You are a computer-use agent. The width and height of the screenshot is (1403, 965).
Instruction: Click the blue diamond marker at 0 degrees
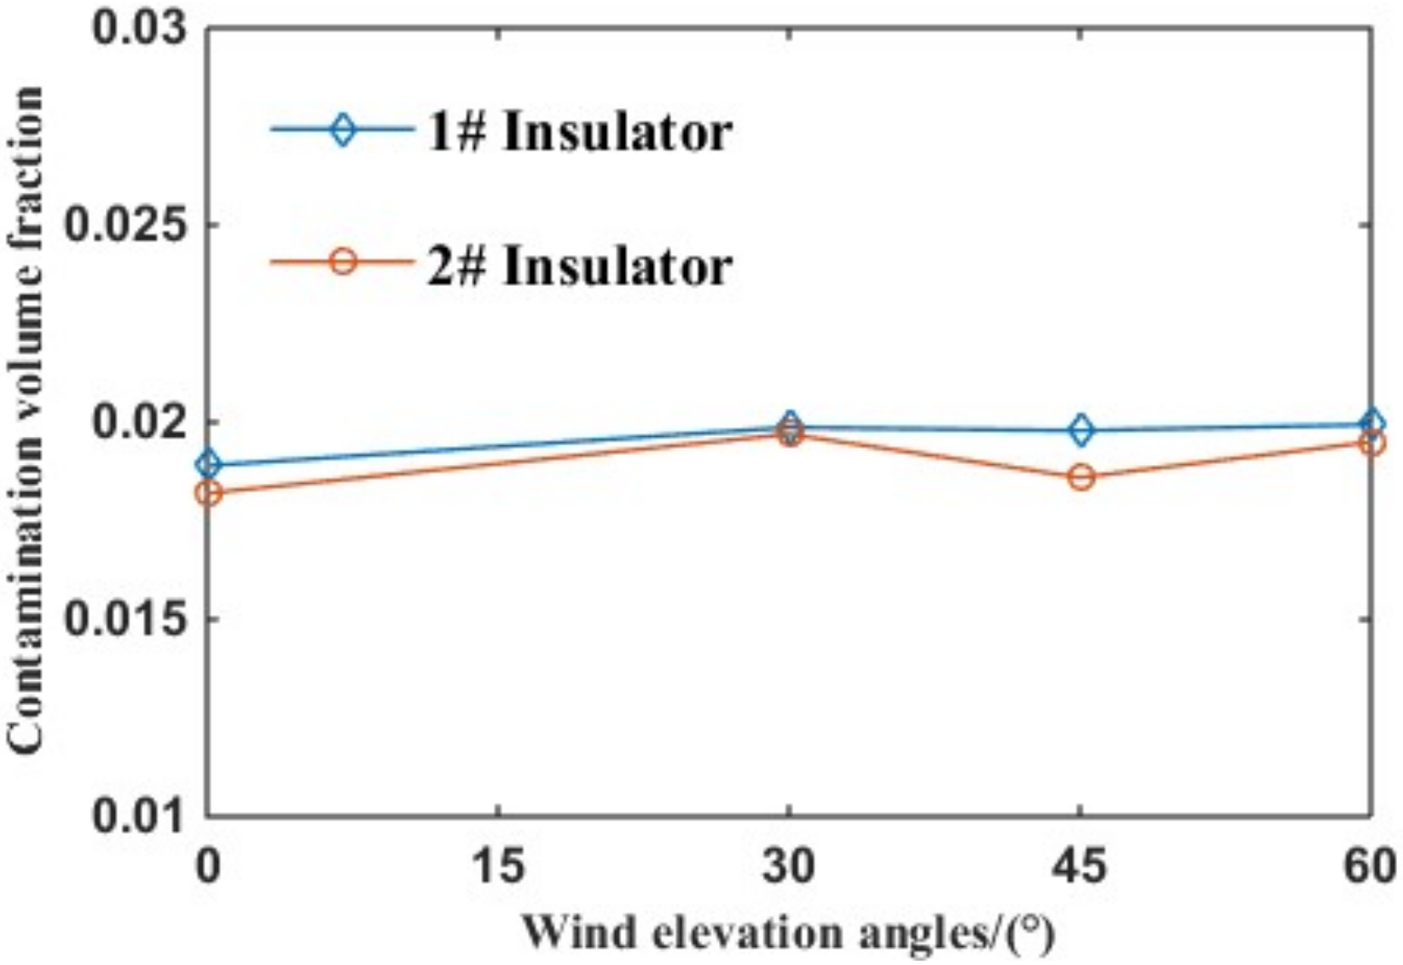[x=207, y=465]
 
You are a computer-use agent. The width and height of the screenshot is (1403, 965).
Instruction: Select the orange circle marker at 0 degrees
[x=207, y=493]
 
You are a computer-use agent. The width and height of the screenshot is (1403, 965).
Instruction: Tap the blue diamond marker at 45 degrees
[x=1081, y=431]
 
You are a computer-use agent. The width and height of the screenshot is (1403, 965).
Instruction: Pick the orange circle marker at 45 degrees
[x=1081, y=477]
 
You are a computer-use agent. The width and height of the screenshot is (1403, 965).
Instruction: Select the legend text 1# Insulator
[x=579, y=133]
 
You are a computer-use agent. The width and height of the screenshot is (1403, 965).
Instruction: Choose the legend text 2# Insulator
[x=579, y=265]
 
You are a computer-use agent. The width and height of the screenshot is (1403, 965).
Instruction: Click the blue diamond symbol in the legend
[x=343, y=131]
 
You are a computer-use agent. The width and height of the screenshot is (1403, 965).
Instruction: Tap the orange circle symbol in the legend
[x=343, y=261]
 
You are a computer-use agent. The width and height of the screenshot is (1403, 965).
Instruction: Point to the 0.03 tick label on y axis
[x=139, y=27]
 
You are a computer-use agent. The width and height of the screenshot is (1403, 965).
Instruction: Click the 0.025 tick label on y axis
[x=126, y=225]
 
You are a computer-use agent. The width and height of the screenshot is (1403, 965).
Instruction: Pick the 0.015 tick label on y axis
[x=126, y=619]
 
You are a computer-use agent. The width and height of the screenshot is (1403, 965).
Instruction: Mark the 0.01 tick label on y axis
[x=139, y=817]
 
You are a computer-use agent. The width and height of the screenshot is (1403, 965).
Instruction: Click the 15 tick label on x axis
[x=498, y=867]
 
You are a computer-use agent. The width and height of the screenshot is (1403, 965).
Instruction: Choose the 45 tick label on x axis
[x=1081, y=867]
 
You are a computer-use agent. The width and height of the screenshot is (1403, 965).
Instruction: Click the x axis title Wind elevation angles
[x=788, y=933]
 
